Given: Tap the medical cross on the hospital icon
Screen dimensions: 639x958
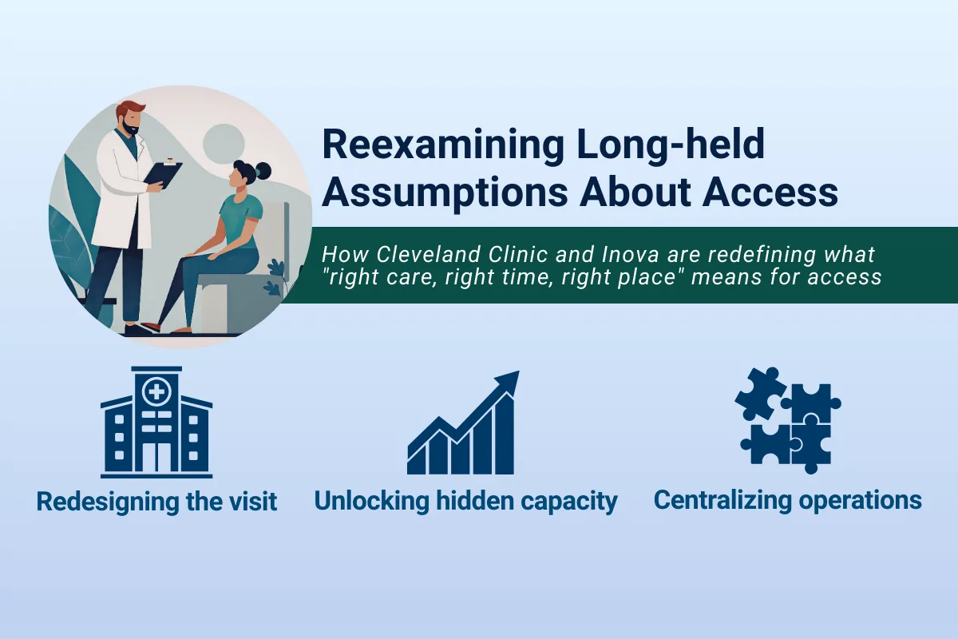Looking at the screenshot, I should [x=156, y=391].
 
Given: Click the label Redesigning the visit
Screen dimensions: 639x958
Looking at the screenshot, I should [x=156, y=502].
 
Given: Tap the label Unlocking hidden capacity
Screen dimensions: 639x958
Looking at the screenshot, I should [x=465, y=502].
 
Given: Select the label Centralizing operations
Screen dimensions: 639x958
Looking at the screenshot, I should [x=787, y=501].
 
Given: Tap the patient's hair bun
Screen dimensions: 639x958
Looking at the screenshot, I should [x=262, y=169].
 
